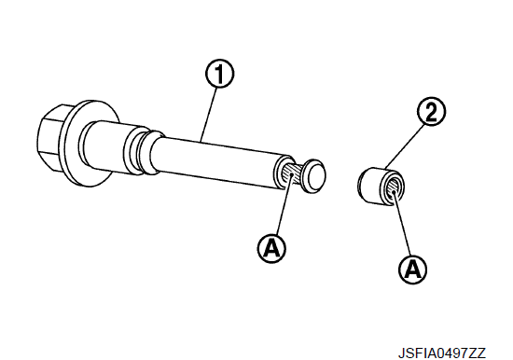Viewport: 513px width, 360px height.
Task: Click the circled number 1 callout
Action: tap(219, 75)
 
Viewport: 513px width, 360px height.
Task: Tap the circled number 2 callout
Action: tap(431, 111)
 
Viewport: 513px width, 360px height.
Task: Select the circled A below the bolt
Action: tap(271, 248)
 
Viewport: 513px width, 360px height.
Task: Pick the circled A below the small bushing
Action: tap(413, 270)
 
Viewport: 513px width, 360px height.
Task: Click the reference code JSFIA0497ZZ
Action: tap(442, 353)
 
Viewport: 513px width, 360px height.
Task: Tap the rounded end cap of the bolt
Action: tap(314, 175)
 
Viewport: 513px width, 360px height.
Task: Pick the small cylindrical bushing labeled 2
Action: tap(381, 186)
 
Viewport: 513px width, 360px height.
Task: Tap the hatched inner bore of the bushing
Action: tap(394, 188)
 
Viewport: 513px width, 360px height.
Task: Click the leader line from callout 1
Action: tap(209, 114)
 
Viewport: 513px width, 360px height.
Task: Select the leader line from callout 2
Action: tap(404, 146)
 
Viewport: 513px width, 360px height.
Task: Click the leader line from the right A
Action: tap(402, 224)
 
